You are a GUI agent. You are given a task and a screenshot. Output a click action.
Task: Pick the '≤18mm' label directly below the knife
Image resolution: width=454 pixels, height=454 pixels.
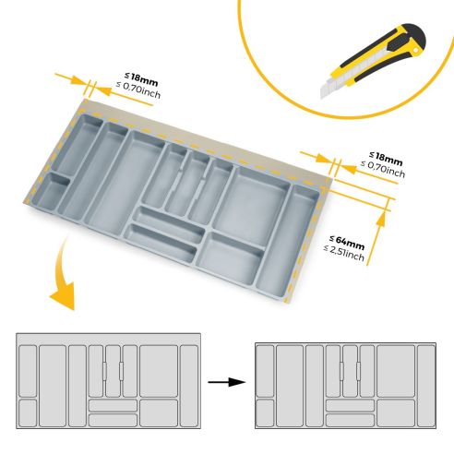[x=385, y=158]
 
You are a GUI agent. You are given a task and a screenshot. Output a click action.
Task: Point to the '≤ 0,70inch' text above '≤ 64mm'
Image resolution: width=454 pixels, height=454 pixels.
[x=381, y=171]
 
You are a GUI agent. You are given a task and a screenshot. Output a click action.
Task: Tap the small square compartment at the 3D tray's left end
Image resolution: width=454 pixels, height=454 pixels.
[x=58, y=191]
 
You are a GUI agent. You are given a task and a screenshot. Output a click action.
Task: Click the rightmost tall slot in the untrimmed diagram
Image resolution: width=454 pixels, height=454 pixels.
[x=190, y=385]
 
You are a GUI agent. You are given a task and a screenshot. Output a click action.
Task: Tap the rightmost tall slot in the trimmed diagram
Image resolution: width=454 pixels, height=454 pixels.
[x=425, y=385]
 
